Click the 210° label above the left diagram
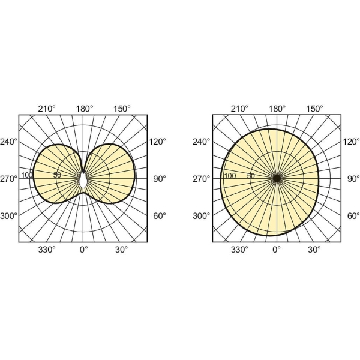coord(47,109)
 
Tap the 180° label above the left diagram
coord(85,109)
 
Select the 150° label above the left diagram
coord(122,109)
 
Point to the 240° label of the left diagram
coord(9,142)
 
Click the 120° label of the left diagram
coord(158,142)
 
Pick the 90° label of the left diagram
coord(160,179)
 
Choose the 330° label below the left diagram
coord(47,250)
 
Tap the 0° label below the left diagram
coord(84,250)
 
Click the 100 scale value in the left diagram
coord(27,175)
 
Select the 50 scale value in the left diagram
coord(57,175)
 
